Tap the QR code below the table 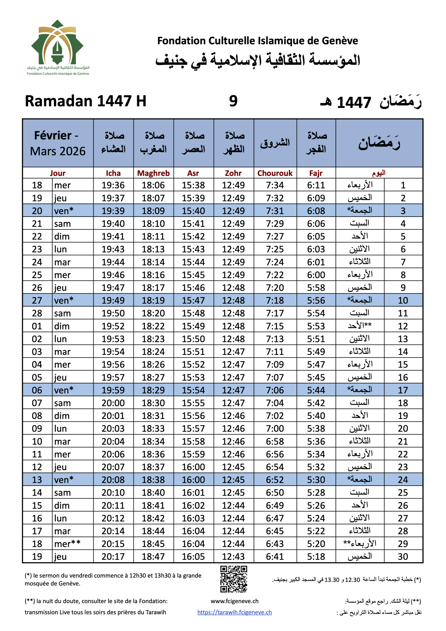click(x=234, y=579)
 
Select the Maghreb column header click(x=153, y=173)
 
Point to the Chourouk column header click(x=275, y=173)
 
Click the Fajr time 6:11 click(x=316, y=185)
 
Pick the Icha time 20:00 click(x=113, y=403)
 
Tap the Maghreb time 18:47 click(x=153, y=557)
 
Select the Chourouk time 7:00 click(x=275, y=428)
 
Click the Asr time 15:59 click(x=193, y=454)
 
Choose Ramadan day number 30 click(x=403, y=557)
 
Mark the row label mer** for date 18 click(x=67, y=543)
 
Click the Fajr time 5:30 click(x=316, y=480)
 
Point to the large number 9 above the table click(x=233, y=101)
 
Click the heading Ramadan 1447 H click(x=86, y=101)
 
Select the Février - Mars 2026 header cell click(x=58, y=143)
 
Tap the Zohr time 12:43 click(x=233, y=557)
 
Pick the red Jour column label click(x=58, y=173)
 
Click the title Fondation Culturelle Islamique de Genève click(x=257, y=41)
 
